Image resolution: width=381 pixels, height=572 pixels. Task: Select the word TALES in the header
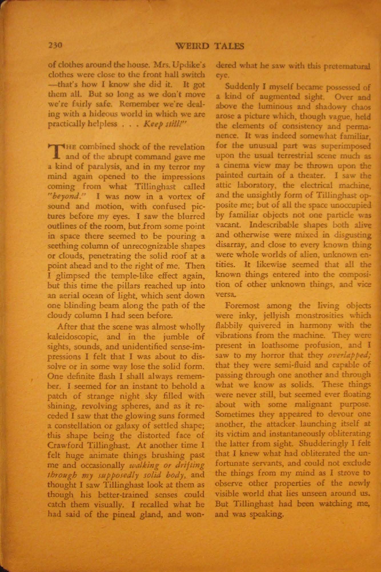click(229, 46)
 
